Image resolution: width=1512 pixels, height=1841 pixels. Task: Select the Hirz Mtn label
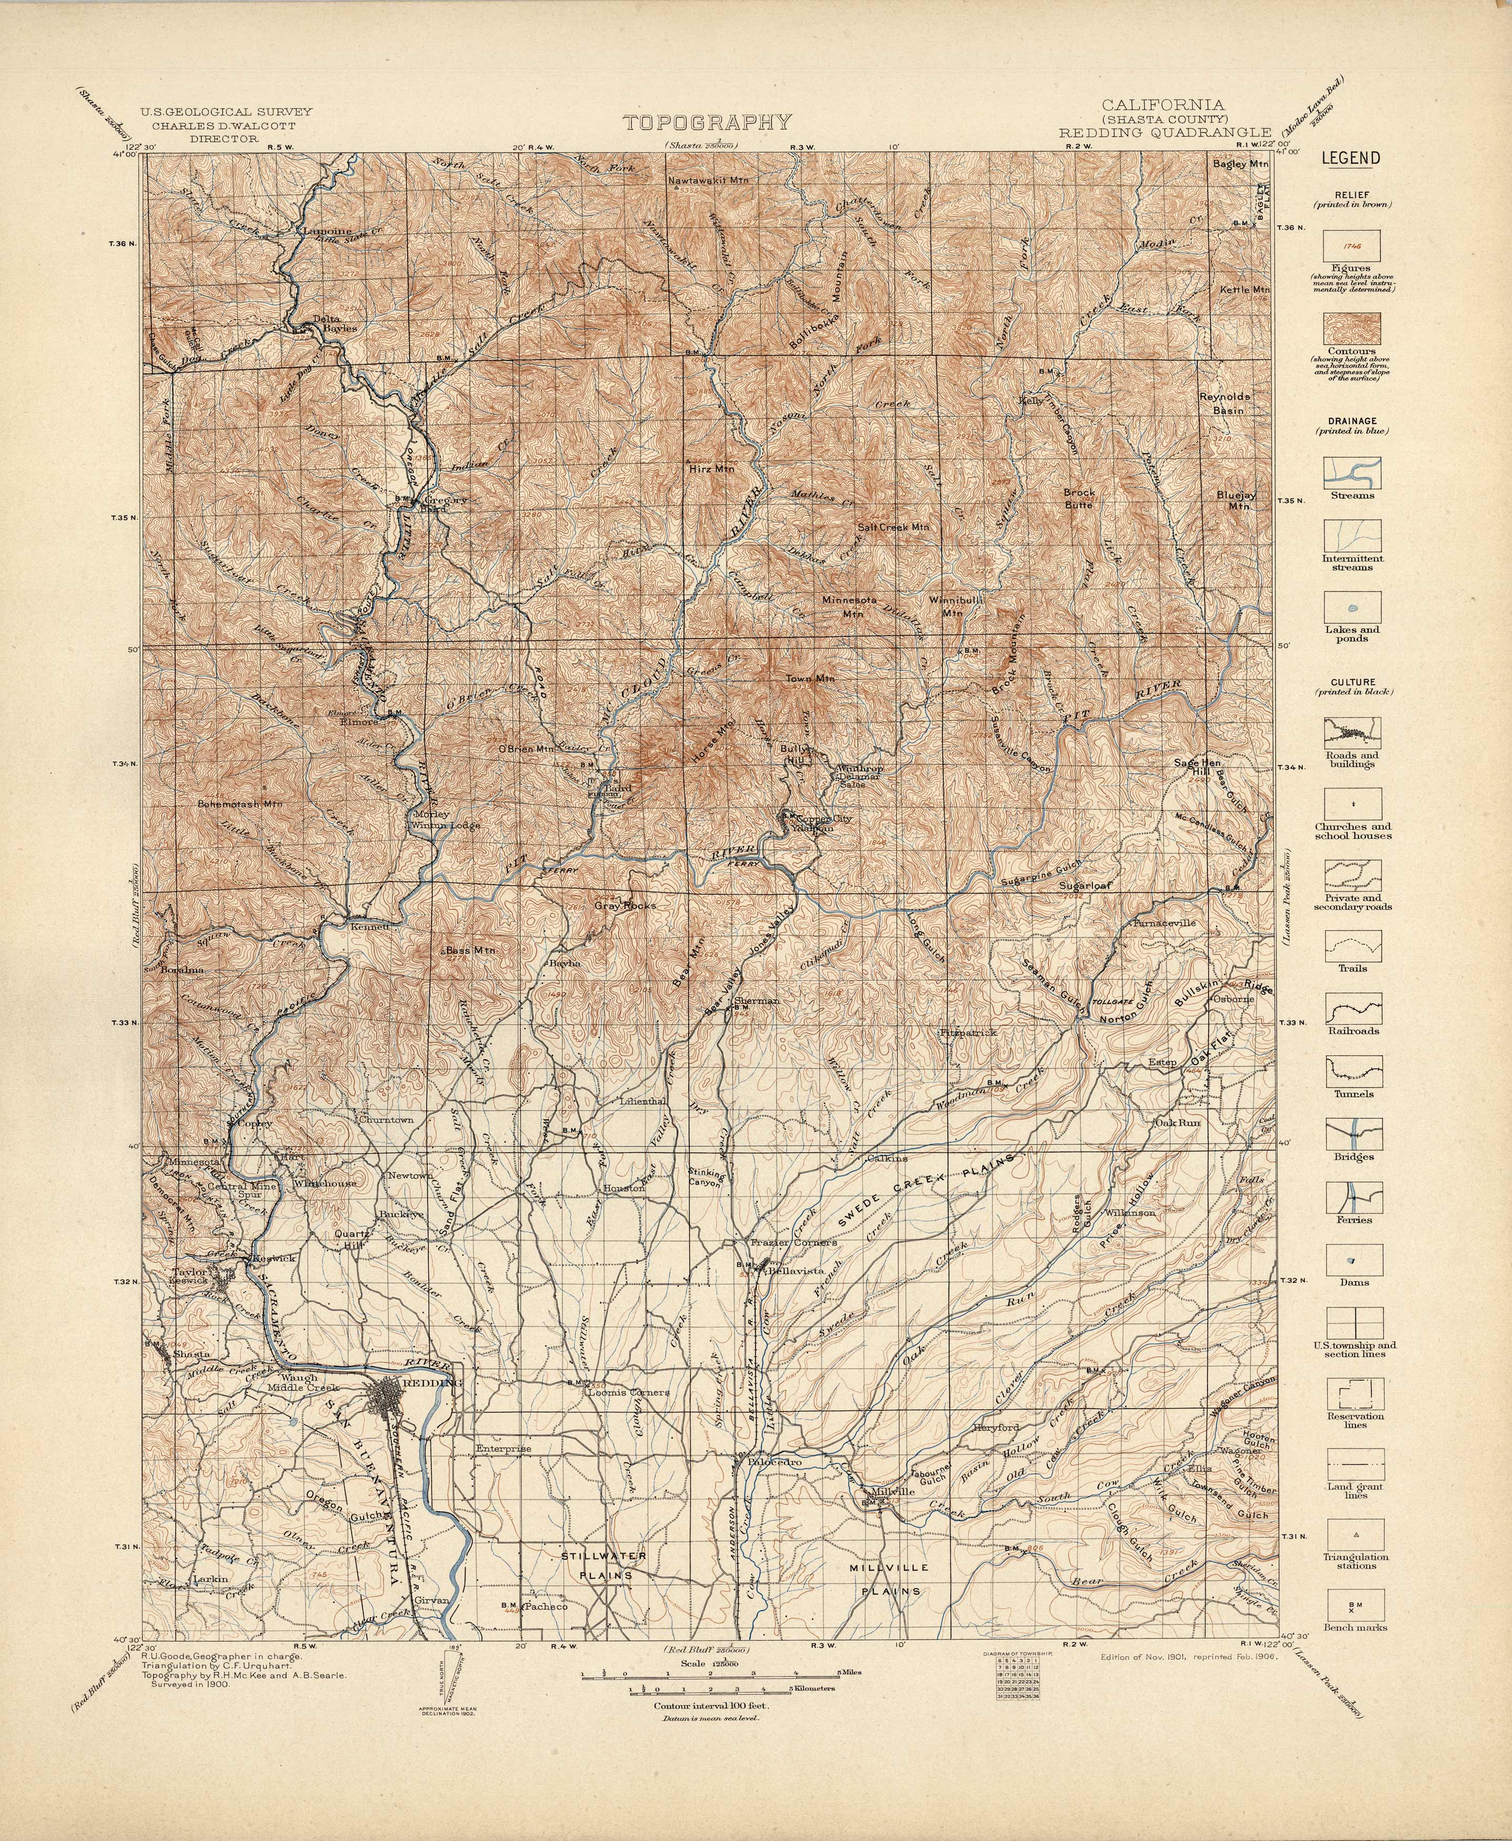[712, 468]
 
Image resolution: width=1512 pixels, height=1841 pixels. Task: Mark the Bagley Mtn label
[1241, 163]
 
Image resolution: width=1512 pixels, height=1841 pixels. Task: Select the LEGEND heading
[1351, 158]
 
